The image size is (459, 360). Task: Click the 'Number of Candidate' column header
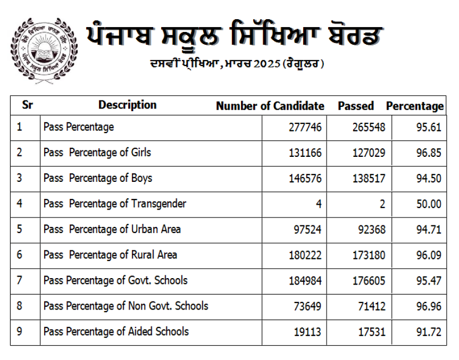tap(270, 106)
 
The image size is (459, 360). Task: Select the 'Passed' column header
tap(356, 106)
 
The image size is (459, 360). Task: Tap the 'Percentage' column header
tap(415, 106)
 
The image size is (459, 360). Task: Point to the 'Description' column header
tap(127, 105)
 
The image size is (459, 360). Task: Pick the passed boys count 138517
tap(369, 179)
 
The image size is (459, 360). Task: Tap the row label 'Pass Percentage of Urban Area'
tap(112, 229)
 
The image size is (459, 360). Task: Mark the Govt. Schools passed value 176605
tap(369, 281)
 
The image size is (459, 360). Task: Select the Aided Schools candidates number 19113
tap(307, 332)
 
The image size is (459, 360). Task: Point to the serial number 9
tap(20, 331)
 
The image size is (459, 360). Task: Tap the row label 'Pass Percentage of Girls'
tap(97, 153)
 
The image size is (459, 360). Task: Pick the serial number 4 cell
tap(20, 204)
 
